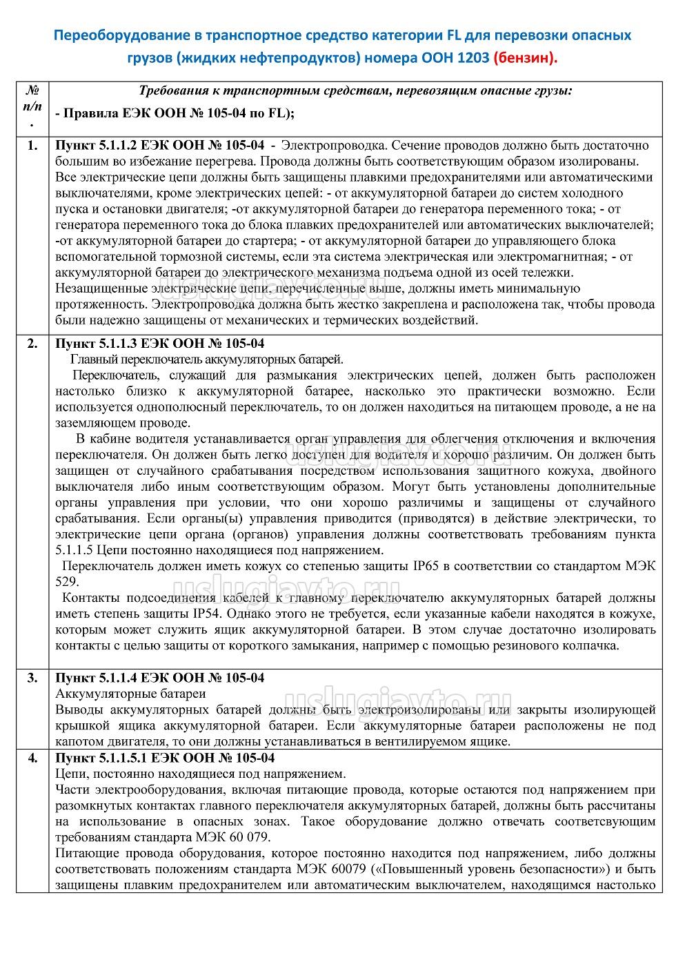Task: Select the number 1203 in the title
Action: coord(472,58)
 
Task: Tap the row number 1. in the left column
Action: coord(32,146)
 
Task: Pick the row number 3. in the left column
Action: coord(32,677)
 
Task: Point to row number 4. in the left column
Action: coord(32,758)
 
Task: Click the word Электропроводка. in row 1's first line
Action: coord(335,146)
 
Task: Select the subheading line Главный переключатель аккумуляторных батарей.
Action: coord(207,360)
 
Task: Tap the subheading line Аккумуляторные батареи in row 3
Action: coord(130,693)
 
